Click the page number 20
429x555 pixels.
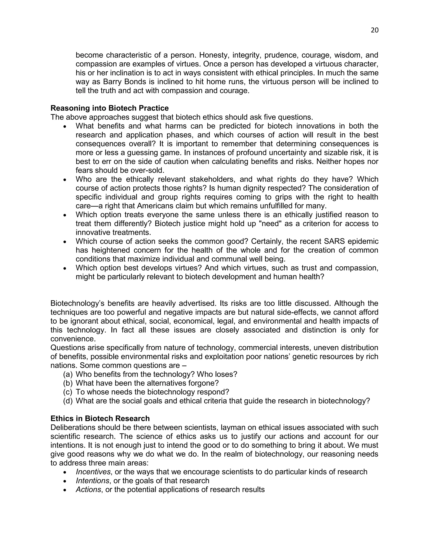[374, 30]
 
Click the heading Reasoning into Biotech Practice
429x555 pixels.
[110, 108]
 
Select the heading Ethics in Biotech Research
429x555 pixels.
[100, 418]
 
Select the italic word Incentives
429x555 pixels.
[93, 472]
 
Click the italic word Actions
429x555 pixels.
[88, 489]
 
